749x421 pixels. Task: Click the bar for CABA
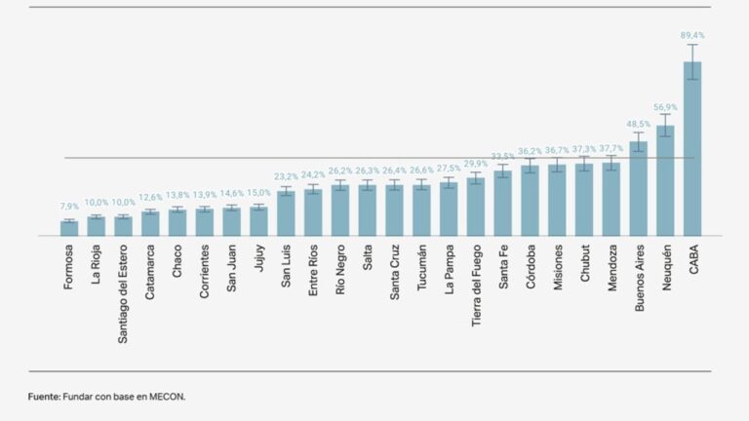692,148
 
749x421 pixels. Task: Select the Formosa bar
69,228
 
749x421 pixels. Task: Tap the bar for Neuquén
665,180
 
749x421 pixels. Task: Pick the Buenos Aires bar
638,188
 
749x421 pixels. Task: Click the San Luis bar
286,213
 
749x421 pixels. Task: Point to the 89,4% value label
692,35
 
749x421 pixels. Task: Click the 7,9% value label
69,207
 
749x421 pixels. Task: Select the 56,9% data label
665,107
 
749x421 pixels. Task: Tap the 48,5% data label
638,124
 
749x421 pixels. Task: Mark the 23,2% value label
286,176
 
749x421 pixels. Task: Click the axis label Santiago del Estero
123,294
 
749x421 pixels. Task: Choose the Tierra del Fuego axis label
476,286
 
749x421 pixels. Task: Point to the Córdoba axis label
531,266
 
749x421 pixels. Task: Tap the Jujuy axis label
259,257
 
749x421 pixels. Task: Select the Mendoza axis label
611,267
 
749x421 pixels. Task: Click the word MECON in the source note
167,397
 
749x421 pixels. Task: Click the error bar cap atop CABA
692,45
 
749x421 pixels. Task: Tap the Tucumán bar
421,210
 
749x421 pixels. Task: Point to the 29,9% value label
476,164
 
